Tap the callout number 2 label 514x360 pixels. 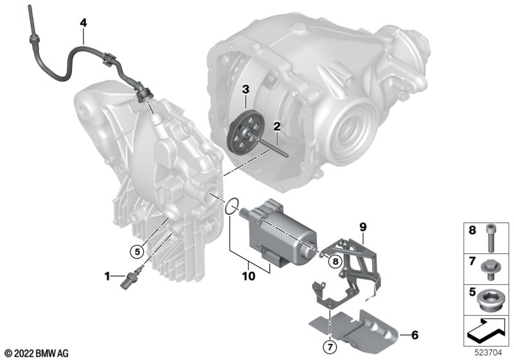point(276,127)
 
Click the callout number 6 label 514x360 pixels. point(414,335)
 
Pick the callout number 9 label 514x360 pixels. point(362,226)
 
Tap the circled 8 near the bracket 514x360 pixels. point(334,260)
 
